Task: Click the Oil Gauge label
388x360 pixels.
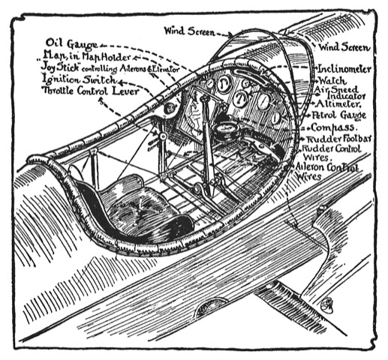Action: [x=71, y=43]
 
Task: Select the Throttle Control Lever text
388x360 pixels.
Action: [x=91, y=91]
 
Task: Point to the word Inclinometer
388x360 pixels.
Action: [x=344, y=69]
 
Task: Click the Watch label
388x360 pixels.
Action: [x=333, y=81]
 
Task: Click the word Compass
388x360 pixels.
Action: [x=333, y=127]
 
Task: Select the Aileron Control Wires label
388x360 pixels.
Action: [x=326, y=172]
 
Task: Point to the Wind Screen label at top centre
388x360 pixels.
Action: [x=189, y=31]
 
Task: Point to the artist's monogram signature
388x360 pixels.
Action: [x=327, y=304]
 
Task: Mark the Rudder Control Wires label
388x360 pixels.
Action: [x=332, y=153]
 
